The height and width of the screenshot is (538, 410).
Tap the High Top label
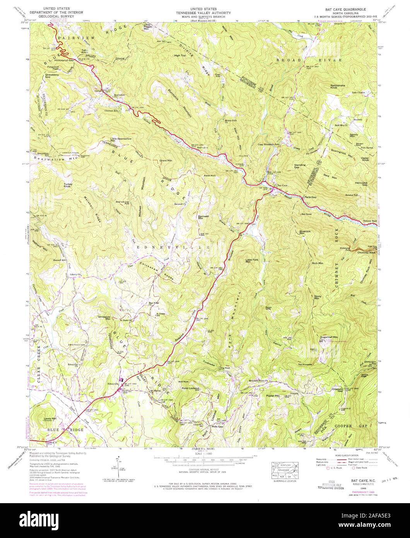180,56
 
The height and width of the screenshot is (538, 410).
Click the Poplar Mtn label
273,396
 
